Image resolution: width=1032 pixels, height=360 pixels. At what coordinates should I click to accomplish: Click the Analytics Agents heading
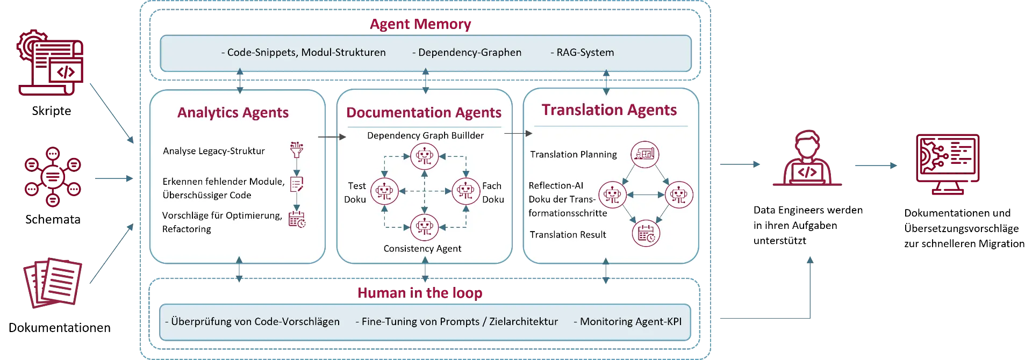coord(233,112)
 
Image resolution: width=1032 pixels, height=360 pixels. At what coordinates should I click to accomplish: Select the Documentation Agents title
coord(424,112)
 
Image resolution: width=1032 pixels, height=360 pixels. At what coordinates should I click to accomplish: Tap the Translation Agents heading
coord(609,110)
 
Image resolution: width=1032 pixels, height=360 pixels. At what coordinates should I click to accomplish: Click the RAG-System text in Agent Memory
coord(585,53)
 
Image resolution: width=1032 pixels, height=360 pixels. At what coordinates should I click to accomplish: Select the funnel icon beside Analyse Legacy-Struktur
coord(296,150)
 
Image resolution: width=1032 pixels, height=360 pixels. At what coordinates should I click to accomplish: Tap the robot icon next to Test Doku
coord(384,191)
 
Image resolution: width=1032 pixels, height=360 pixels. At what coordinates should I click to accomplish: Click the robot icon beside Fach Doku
coord(465,191)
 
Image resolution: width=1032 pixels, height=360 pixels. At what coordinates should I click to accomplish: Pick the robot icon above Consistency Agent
coord(425,227)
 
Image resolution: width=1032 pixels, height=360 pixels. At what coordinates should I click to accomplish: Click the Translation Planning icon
coord(644,154)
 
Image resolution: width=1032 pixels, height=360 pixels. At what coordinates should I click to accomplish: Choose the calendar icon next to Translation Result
coord(646,233)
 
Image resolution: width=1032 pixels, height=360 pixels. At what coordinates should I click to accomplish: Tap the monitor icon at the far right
coord(947,164)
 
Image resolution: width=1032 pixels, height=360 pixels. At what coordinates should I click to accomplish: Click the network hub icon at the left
coord(52,177)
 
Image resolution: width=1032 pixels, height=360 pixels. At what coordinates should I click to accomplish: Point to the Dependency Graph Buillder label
coord(425,135)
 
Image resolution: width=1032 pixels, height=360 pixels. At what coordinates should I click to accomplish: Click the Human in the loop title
coord(420,293)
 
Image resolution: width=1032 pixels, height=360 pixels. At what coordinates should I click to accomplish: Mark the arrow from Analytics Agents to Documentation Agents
coord(331,137)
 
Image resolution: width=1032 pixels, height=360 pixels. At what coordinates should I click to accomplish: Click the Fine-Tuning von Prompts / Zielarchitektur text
coord(460,321)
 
